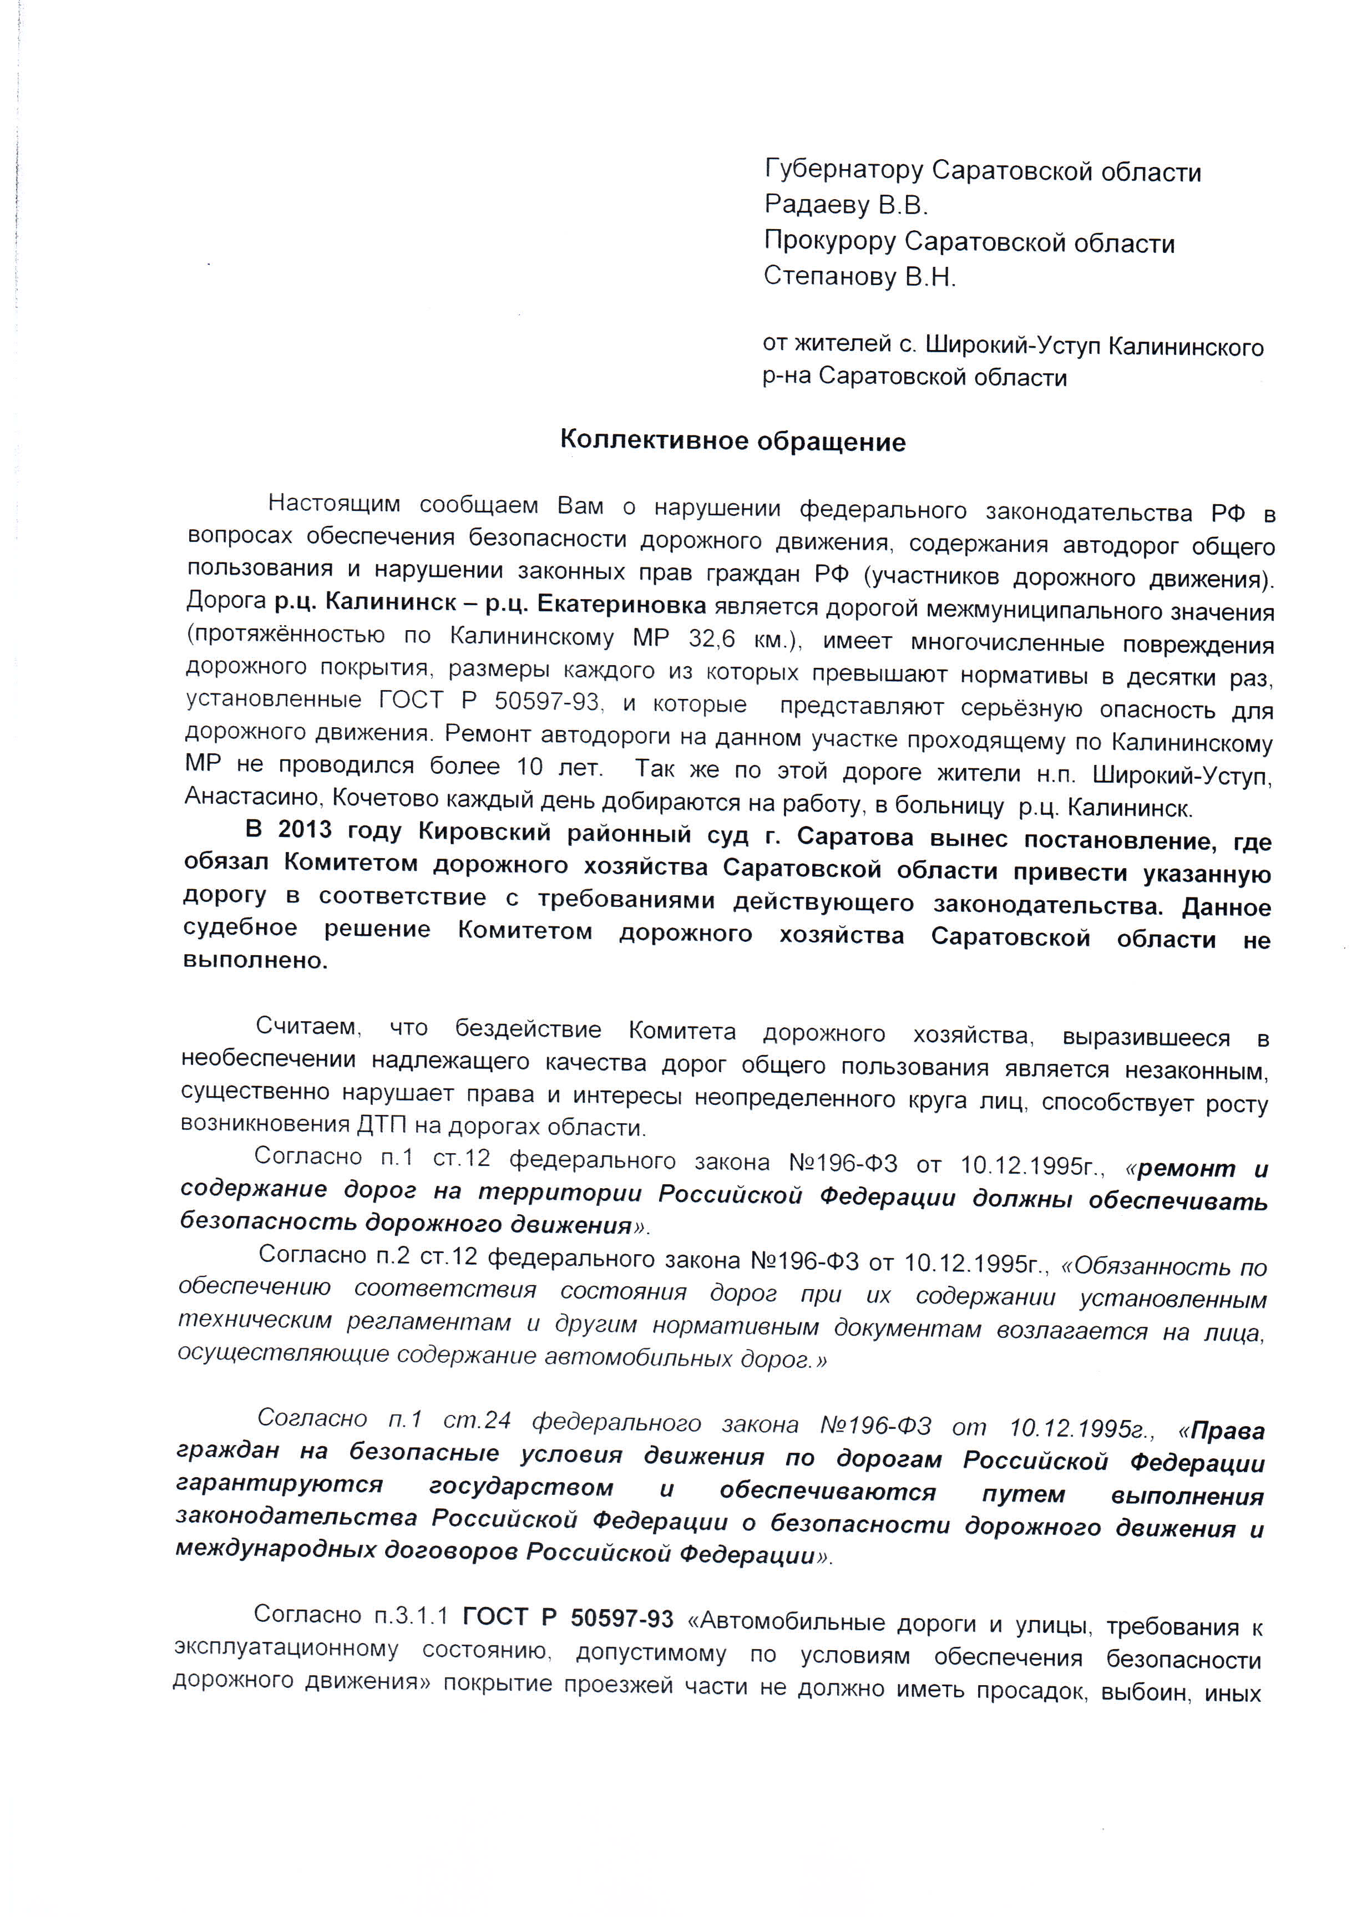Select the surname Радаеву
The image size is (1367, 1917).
coord(817,205)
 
